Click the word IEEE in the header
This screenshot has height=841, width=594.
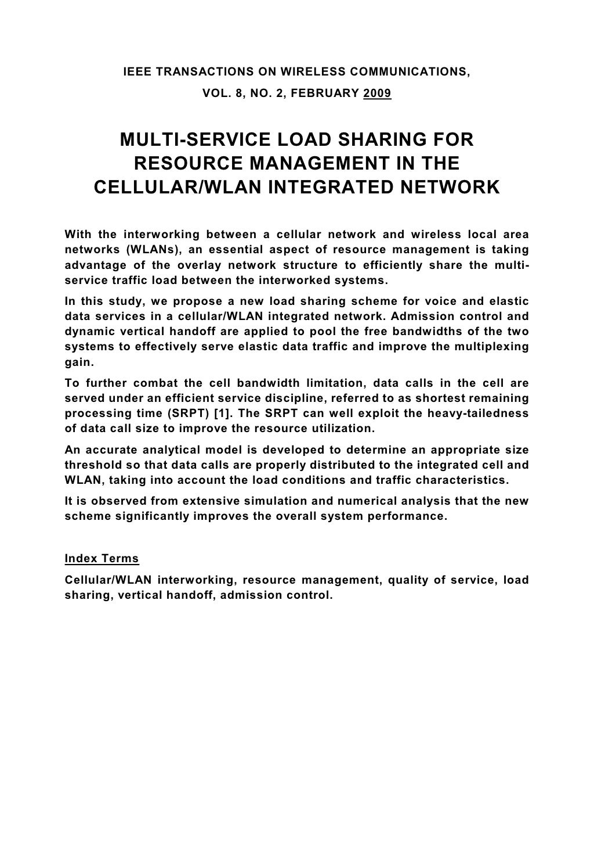pos(136,72)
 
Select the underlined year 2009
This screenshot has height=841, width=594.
pos(377,92)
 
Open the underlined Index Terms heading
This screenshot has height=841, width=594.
pos(102,559)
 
